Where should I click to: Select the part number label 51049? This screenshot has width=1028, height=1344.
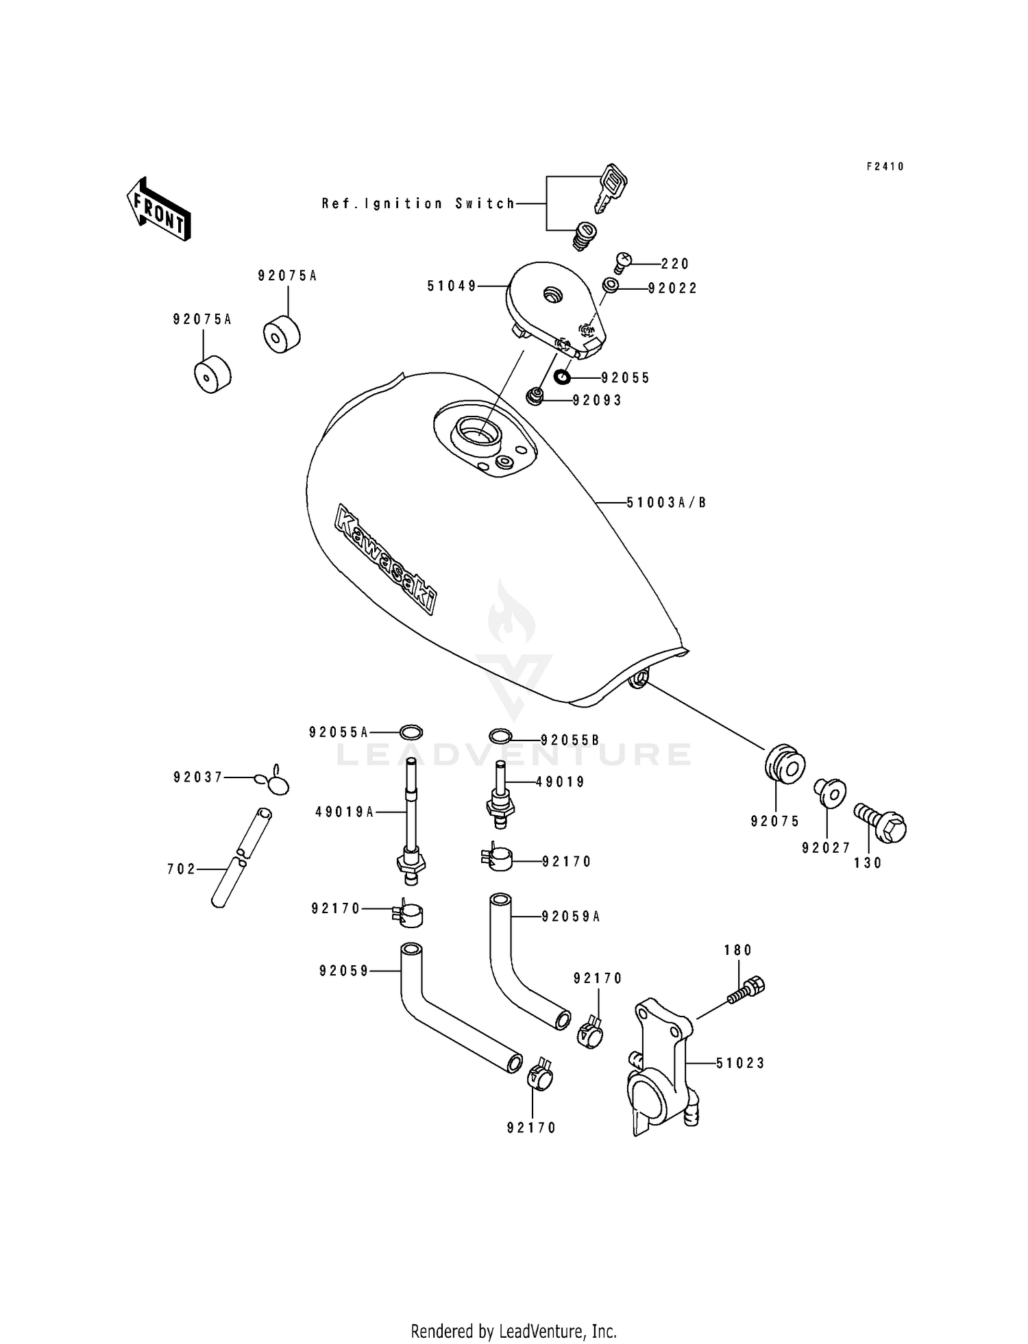452,286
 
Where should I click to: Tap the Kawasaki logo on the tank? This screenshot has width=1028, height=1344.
386,559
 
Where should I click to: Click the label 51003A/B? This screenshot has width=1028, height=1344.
666,503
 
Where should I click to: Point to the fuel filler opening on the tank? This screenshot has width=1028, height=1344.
478,433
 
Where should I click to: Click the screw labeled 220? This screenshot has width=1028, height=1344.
622,262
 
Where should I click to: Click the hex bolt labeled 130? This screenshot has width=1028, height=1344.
881,823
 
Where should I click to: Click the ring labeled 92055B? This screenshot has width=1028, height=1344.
501,736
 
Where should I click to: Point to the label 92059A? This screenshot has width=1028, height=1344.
571,917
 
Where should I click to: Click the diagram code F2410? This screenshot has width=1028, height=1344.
885,166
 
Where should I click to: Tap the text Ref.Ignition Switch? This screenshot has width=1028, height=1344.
418,203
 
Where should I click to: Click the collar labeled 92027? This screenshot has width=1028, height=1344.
831,793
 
